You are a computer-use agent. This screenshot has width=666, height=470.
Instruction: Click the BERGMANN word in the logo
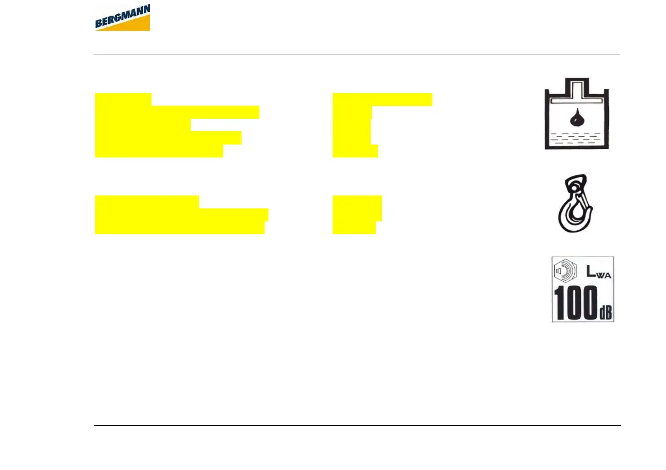[x=121, y=17]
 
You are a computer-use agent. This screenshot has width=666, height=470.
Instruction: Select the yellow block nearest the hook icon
[x=356, y=215]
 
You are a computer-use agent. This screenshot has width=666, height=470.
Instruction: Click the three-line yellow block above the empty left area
[x=179, y=215]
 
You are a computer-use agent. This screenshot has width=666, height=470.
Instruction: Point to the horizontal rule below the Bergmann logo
[x=357, y=54]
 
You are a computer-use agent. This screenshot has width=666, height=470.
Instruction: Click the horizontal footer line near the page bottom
[x=357, y=426]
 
